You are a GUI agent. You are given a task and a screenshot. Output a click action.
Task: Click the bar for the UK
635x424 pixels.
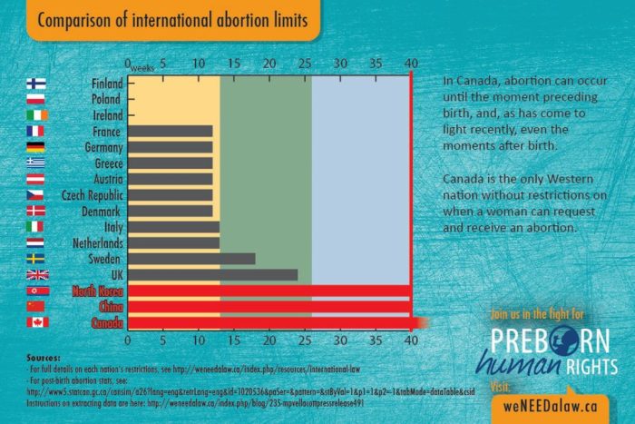pos(212,274)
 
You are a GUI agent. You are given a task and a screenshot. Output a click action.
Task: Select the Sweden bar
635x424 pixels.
pos(191,258)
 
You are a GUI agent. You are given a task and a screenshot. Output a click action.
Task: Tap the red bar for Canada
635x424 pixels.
pos(272,322)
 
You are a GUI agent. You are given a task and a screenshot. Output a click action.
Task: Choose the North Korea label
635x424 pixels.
pos(97,291)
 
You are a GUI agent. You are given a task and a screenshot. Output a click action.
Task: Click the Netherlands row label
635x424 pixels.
pos(93,242)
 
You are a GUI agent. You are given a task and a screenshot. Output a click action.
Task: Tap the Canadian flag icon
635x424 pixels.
pos(37,322)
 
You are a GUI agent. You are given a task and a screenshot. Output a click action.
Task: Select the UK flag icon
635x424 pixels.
pos(37,274)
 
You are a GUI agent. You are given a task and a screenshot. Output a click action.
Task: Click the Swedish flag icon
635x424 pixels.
pos(37,258)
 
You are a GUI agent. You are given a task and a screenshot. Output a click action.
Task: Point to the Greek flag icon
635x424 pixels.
pos(37,163)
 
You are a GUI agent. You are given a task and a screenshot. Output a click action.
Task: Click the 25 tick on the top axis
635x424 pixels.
pos(269,64)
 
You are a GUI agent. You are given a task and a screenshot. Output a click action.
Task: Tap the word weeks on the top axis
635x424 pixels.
pos(143,69)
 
